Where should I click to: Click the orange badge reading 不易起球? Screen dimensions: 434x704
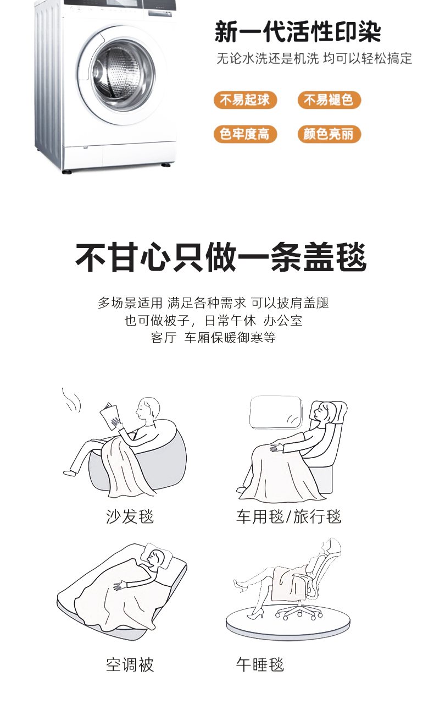click(245, 100)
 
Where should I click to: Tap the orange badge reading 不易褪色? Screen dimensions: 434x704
click(329, 100)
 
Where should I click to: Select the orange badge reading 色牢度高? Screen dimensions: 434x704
click(245, 134)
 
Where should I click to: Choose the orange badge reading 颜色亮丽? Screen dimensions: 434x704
click(329, 134)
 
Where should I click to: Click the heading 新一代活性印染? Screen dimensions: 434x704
click(298, 32)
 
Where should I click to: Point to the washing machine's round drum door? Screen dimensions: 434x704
click(123, 75)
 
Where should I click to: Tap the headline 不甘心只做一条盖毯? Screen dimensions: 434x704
click(221, 257)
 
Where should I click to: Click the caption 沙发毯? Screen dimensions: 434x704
click(130, 517)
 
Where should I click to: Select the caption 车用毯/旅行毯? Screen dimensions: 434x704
click(288, 517)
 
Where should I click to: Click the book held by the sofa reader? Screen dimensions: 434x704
click(109, 416)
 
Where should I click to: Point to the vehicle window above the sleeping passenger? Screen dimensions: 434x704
click(275, 412)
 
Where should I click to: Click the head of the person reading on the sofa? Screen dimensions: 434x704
click(148, 408)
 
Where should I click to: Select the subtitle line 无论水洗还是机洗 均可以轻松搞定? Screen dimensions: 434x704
click(314, 58)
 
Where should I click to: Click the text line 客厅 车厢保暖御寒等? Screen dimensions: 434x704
click(213, 338)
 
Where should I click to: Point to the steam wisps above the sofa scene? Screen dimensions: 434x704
click(71, 400)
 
